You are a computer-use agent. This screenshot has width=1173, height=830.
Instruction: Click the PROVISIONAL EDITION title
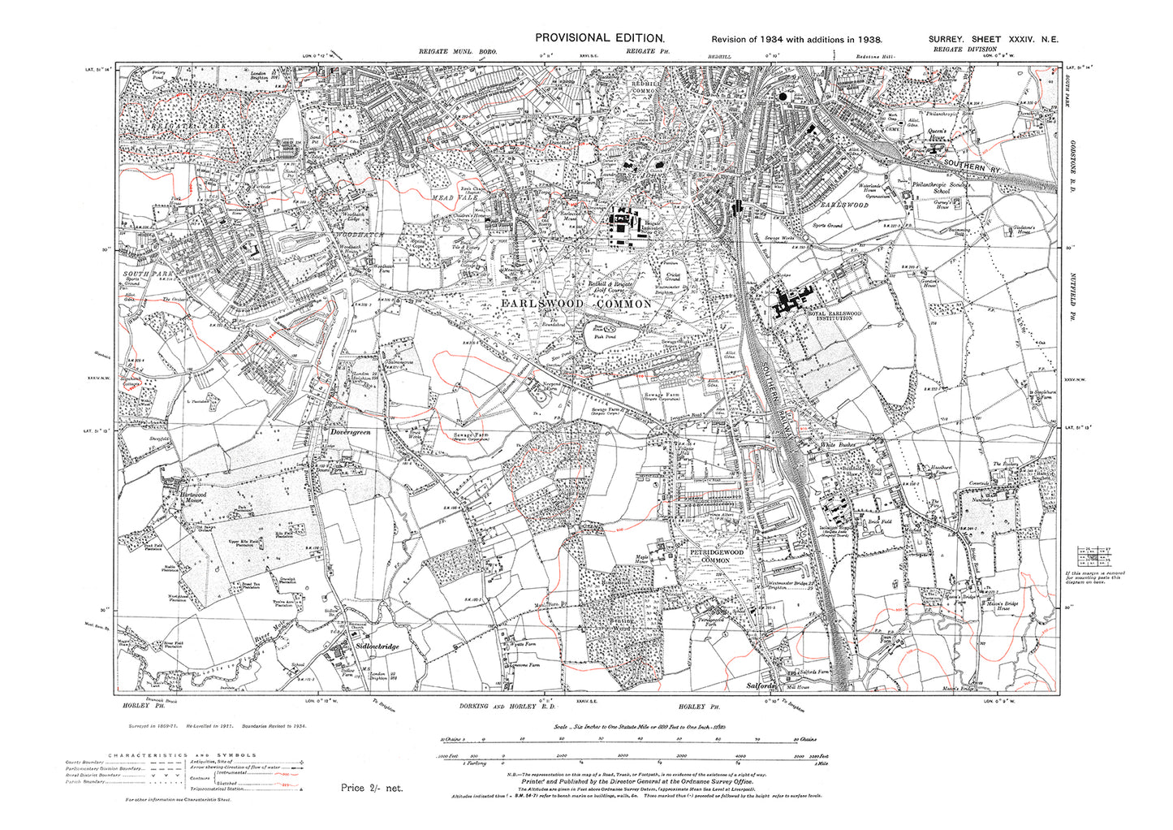pyautogui.click(x=600, y=38)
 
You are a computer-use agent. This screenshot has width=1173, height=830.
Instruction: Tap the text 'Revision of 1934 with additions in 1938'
pyautogui.click(x=796, y=39)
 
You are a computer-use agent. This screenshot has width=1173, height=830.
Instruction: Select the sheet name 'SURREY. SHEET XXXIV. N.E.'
pyautogui.click(x=994, y=39)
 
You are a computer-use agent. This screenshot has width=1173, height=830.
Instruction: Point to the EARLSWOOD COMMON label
pyautogui.click(x=577, y=304)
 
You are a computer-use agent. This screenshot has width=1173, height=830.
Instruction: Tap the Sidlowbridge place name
pyautogui.click(x=377, y=646)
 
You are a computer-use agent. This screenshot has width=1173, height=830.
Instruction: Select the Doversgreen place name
pyautogui.click(x=349, y=434)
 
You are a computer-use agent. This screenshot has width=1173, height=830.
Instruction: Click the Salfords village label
pyautogui.click(x=761, y=686)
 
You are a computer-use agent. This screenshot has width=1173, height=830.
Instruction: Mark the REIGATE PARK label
pyautogui.click(x=185, y=129)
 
